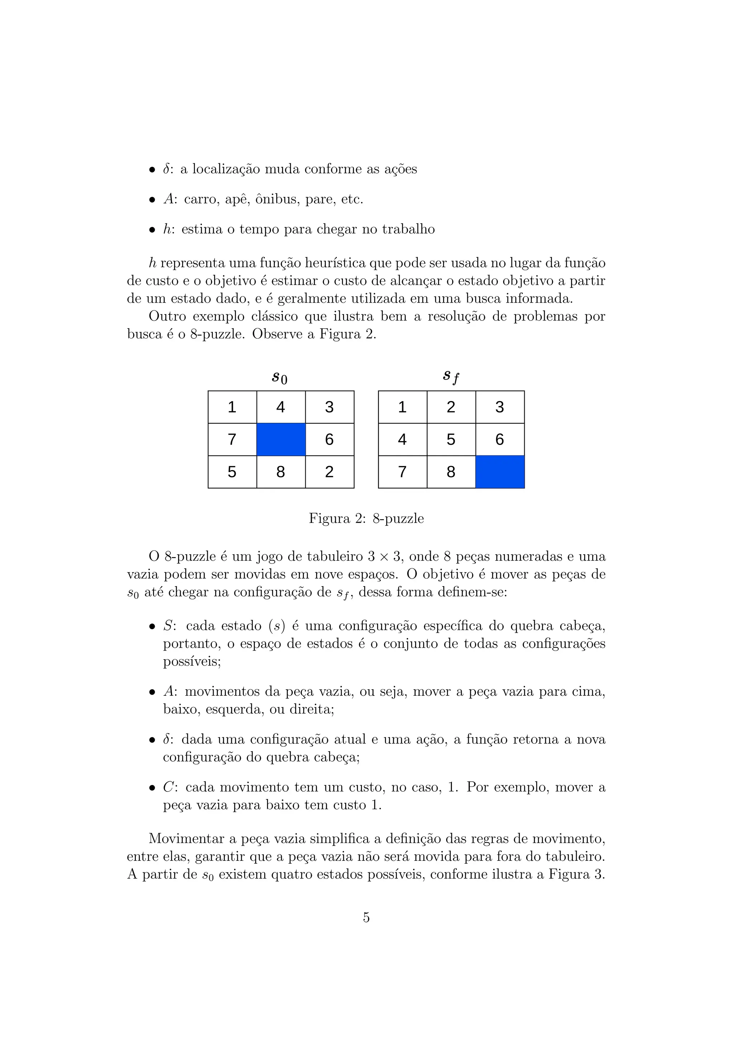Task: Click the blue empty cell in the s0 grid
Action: click(281, 439)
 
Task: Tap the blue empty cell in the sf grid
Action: click(500, 472)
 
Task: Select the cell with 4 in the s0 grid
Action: click(281, 407)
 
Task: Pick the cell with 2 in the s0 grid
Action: click(329, 472)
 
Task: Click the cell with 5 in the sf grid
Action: click(451, 439)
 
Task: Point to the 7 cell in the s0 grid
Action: click(232, 439)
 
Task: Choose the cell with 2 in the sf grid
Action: click(451, 407)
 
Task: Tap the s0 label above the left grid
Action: click(279, 377)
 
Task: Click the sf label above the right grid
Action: click(451, 376)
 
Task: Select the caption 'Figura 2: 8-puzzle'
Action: click(366, 518)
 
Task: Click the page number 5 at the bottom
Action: click(366, 917)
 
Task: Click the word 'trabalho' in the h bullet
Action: click(408, 230)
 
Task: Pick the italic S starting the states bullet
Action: click(168, 626)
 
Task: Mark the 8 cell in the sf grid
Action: click(451, 472)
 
